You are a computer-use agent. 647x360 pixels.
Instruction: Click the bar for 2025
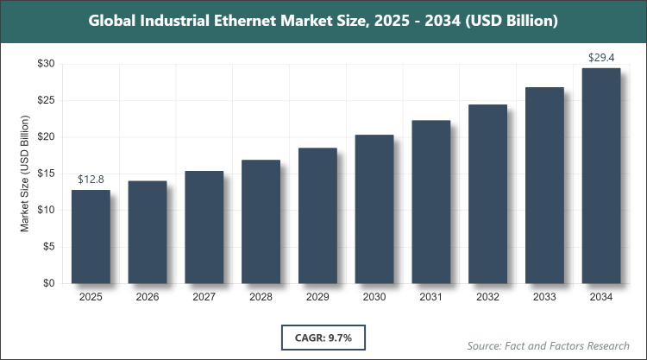click(x=91, y=237)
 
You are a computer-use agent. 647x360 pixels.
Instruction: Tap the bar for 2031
click(x=431, y=202)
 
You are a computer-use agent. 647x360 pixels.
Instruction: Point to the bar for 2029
click(x=317, y=216)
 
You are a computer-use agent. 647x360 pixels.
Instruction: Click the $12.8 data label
click(x=91, y=179)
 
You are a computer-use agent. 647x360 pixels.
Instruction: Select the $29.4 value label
click(x=601, y=57)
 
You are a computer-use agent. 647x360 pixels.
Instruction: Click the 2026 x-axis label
click(x=148, y=297)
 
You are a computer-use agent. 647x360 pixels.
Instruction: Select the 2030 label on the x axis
click(x=374, y=297)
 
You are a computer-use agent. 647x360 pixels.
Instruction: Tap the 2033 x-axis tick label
click(x=544, y=297)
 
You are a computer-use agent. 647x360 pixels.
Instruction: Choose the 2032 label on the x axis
click(x=487, y=297)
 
